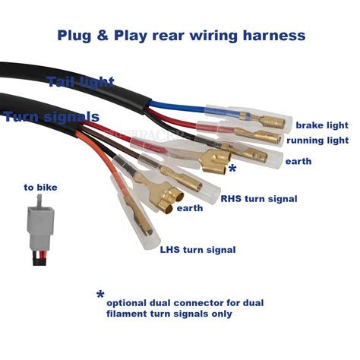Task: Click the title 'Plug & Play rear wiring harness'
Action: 182,36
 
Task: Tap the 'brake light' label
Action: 322,125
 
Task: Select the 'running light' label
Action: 317,141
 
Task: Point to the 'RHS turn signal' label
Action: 259,199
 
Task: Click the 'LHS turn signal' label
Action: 197,250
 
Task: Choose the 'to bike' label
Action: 40,188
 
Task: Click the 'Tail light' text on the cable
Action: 81,82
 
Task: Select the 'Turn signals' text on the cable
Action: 52,117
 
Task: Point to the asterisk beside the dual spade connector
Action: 232,169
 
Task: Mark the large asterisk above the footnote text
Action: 100,295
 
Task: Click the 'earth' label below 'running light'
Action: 298,162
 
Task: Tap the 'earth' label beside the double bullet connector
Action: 190,208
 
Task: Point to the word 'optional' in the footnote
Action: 126,303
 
